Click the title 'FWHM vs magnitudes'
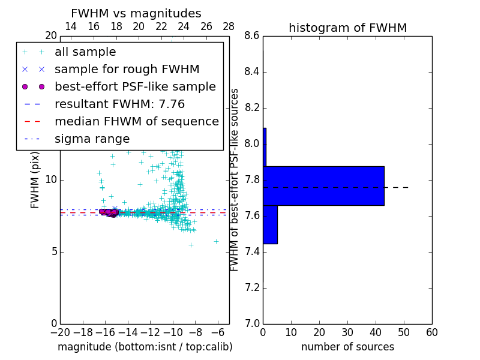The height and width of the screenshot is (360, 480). click(136, 14)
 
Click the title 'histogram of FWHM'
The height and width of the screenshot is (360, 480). click(347, 28)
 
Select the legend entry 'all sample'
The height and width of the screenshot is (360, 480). click(85, 52)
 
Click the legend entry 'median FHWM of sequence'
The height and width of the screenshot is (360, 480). click(136, 122)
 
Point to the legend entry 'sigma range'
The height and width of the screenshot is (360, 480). click(92, 139)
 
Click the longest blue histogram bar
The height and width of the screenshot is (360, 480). click(323, 185)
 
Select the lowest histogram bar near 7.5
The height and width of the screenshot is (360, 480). click(270, 224)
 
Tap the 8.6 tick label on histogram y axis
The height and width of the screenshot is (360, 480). click(252, 37)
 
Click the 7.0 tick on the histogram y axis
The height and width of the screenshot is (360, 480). click(252, 323)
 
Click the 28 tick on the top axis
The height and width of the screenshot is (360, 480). click(229, 27)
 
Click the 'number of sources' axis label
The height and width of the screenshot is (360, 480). click(347, 347)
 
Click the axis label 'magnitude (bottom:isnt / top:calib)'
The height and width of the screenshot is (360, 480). click(145, 347)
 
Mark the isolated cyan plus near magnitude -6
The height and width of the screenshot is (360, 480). click(216, 241)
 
